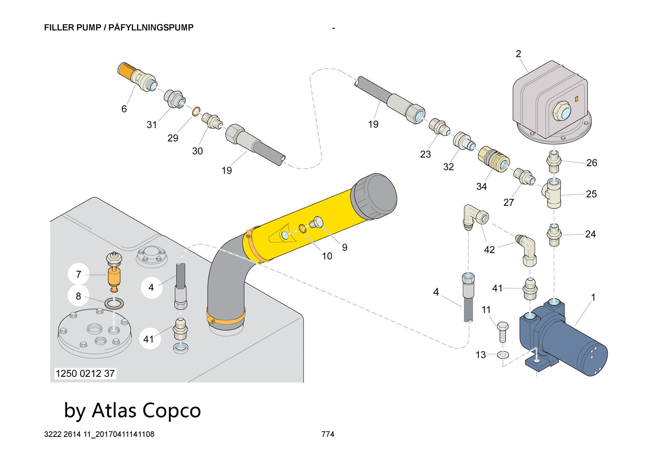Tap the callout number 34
click(x=482, y=186)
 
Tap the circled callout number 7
click(x=78, y=274)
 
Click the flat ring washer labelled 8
click(x=114, y=304)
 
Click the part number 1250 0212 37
click(x=85, y=373)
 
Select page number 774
click(x=328, y=434)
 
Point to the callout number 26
click(x=592, y=163)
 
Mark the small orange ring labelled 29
click(x=196, y=112)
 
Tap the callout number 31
click(x=152, y=124)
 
